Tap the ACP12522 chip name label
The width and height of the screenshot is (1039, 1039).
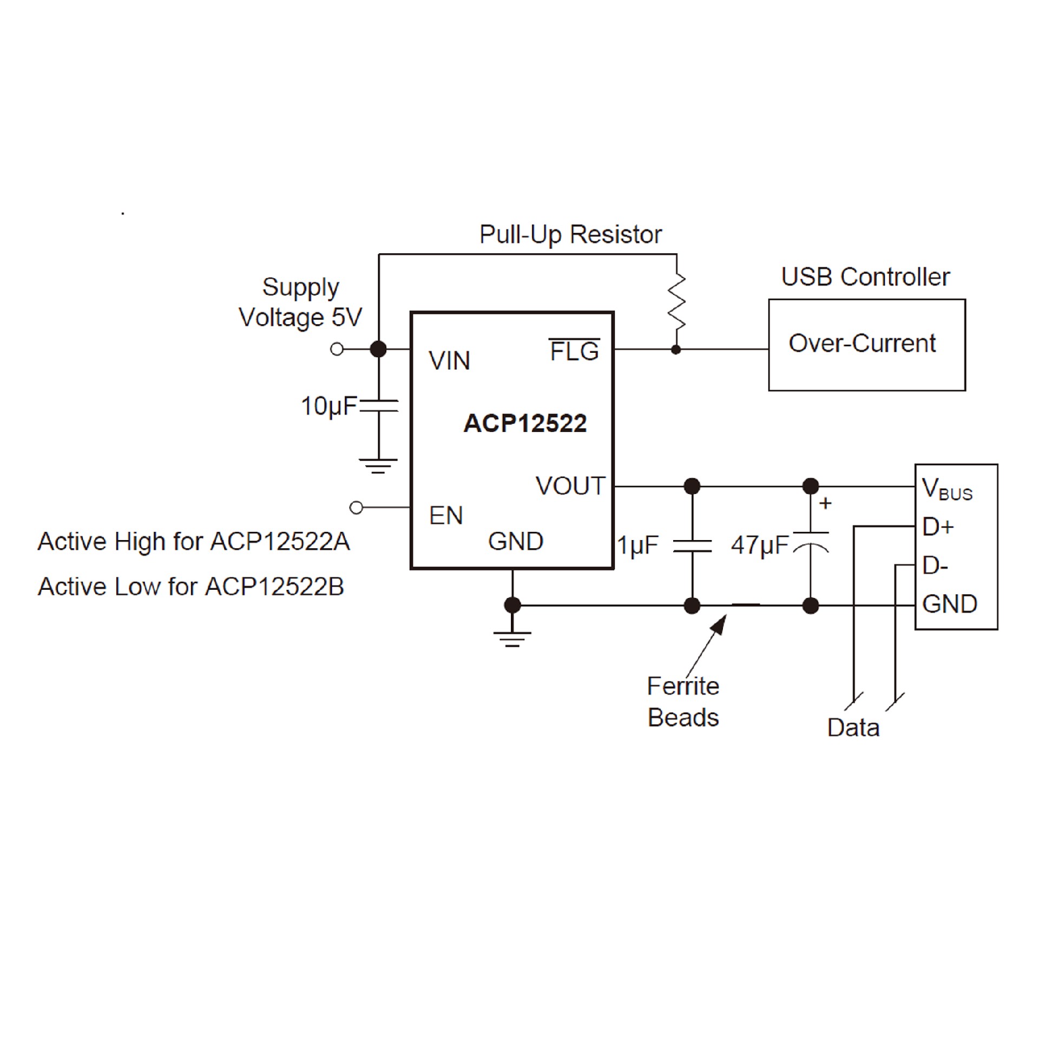click(525, 423)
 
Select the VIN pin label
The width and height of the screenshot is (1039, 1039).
click(449, 360)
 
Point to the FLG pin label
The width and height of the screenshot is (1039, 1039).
click(574, 352)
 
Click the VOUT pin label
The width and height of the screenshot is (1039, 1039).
click(570, 486)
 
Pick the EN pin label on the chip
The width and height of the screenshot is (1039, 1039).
click(446, 516)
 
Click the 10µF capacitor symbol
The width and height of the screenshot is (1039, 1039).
click(379, 406)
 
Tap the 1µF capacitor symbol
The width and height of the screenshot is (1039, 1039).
click(692, 545)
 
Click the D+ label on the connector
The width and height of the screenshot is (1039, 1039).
click(938, 527)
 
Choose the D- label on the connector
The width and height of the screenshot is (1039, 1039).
click(935, 565)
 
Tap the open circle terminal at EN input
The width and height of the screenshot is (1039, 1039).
click(356, 508)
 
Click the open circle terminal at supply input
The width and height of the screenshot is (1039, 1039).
click(337, 349)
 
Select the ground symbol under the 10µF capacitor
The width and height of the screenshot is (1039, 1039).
click(378, 465)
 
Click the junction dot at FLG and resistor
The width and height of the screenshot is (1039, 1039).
click(676, 350)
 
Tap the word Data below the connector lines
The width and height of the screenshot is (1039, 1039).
click(853, 728)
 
